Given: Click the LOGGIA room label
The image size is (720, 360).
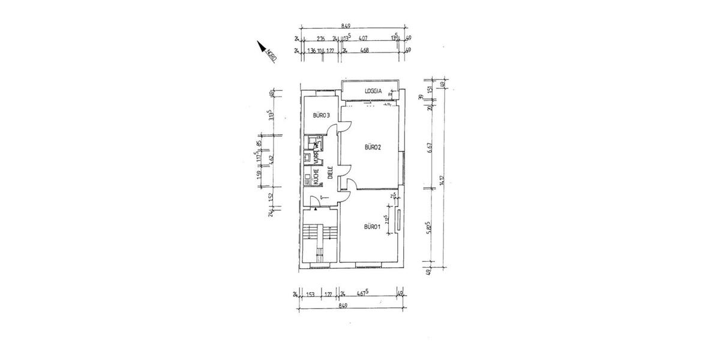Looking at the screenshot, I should click(374, 92).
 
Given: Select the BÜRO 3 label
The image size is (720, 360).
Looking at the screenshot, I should click(322, 116).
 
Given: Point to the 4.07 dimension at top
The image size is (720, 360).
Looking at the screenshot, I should click(363, 39).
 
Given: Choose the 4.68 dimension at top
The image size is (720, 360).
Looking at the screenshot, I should click(364, 51).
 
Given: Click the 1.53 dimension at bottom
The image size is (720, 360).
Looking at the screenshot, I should click(311, 294).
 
